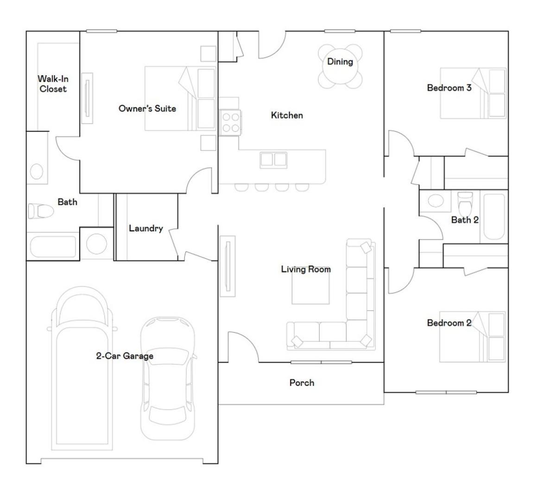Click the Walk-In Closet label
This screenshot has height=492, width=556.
coord(53,84)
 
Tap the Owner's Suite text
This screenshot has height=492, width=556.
coord(147,109)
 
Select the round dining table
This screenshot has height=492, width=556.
coord(340,66)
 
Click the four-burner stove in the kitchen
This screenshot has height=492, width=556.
coord(230,122)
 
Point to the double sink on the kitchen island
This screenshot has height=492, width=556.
coord(273,160)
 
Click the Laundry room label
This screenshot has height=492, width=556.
coord(146,228)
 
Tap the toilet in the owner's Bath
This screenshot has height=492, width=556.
coord(41,211)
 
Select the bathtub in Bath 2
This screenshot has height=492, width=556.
coord(494,217)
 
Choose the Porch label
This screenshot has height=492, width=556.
coord(302,383)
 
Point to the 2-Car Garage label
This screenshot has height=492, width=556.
coord(125,356)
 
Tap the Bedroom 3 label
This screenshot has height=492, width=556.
coord(449,88)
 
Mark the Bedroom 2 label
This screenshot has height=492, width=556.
coord(449,323)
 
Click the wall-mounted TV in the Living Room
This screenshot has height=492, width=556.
coord(227,266)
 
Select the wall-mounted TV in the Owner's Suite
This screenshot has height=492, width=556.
coord(87,98)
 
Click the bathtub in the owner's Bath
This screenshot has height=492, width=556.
coord(53,246)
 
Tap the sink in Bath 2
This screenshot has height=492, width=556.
coord(436,200)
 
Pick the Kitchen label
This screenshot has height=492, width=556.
coord(287,115)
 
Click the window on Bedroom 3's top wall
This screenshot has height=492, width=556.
coord(405,32)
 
